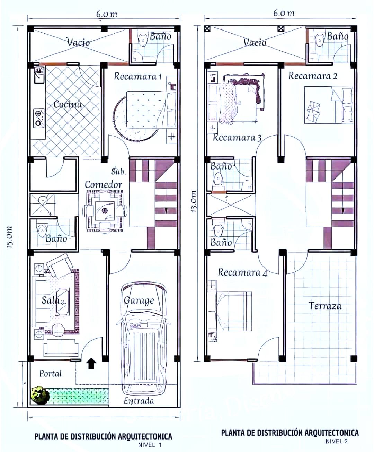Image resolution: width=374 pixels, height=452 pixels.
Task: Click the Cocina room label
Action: pos(68,105)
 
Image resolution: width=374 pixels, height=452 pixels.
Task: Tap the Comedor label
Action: pos(104,185)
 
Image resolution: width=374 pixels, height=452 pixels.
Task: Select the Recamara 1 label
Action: pos(138,76)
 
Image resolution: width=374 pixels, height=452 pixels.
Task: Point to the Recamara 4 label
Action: pos(243,272)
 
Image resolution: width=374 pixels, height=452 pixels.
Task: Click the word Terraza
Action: pos(325,306)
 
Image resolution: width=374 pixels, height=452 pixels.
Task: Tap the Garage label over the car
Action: pos(139,301)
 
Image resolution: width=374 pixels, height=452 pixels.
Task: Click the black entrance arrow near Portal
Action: pos(91,363)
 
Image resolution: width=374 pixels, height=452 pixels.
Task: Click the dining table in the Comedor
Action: pos(105,211)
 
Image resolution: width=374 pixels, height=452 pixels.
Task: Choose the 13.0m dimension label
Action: pos(194,201)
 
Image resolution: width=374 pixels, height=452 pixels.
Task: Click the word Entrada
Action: pos(139,401)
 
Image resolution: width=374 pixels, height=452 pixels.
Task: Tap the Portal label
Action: pos(51,373)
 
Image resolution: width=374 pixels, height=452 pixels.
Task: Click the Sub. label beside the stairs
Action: pos(118,172)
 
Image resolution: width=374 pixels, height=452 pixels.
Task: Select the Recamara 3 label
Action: pos(237,138)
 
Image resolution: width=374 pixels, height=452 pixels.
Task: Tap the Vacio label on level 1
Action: pos(79,42)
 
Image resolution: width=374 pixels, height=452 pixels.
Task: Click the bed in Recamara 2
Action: pos(328,105)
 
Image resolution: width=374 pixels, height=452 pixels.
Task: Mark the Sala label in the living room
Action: pos(51,300)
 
